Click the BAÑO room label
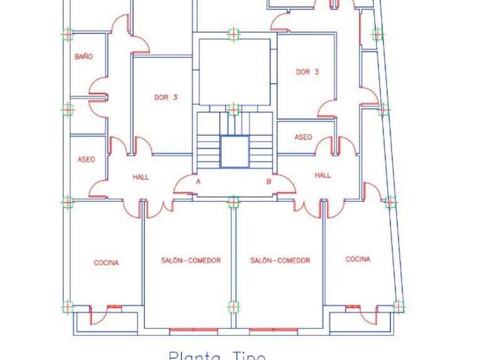point(83,56)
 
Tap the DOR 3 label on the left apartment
point(166,97)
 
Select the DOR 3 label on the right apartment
point(307,72)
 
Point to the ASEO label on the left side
point(86,159)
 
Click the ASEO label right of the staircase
point(303,137)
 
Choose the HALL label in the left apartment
point(141,177)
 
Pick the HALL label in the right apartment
point(322,176)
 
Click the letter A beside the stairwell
point(198,181)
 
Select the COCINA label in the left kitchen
point(106,263)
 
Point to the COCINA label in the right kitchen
point(357,259)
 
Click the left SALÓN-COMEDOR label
point(191,261)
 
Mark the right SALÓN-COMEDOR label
point(280,261)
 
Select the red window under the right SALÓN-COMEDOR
point(273,329)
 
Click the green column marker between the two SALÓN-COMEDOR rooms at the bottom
point(233,307)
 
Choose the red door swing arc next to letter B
point(285,184)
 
